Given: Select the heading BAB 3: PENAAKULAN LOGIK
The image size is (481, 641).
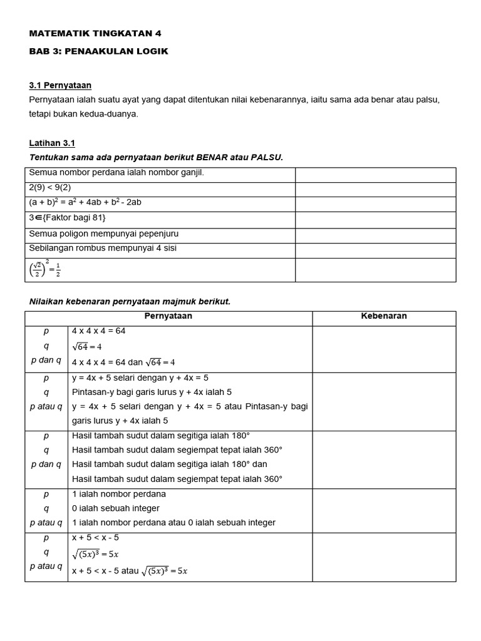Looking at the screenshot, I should [x=99, y=51].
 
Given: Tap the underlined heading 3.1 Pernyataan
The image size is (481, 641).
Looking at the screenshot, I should [x=65, y=85].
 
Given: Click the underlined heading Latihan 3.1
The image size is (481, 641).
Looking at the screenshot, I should [x=52, y=143].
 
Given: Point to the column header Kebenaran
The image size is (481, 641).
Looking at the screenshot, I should [x=384, y=316].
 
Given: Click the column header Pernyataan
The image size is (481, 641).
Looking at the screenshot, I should [x=168, y=316].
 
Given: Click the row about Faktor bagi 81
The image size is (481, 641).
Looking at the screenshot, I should [x=68, y=218].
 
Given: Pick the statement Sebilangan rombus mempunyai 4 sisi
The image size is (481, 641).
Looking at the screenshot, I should [x=103, y=248].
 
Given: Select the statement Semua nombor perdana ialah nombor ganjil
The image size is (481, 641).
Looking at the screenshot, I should [x=116, y=172].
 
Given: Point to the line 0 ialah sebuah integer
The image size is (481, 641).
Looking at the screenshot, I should [x=116, y=508].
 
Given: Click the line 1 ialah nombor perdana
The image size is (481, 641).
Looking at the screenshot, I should [x=110, y=494].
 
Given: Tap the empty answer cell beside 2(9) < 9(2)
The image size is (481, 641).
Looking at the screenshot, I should [x=375, y=187].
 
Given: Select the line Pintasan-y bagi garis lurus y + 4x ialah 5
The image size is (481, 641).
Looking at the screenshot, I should [x=152, y=392].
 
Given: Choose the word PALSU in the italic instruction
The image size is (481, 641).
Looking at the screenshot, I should [x=267, y=157].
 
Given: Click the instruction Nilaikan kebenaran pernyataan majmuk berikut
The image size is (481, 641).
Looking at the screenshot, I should [x=130, y=302].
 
